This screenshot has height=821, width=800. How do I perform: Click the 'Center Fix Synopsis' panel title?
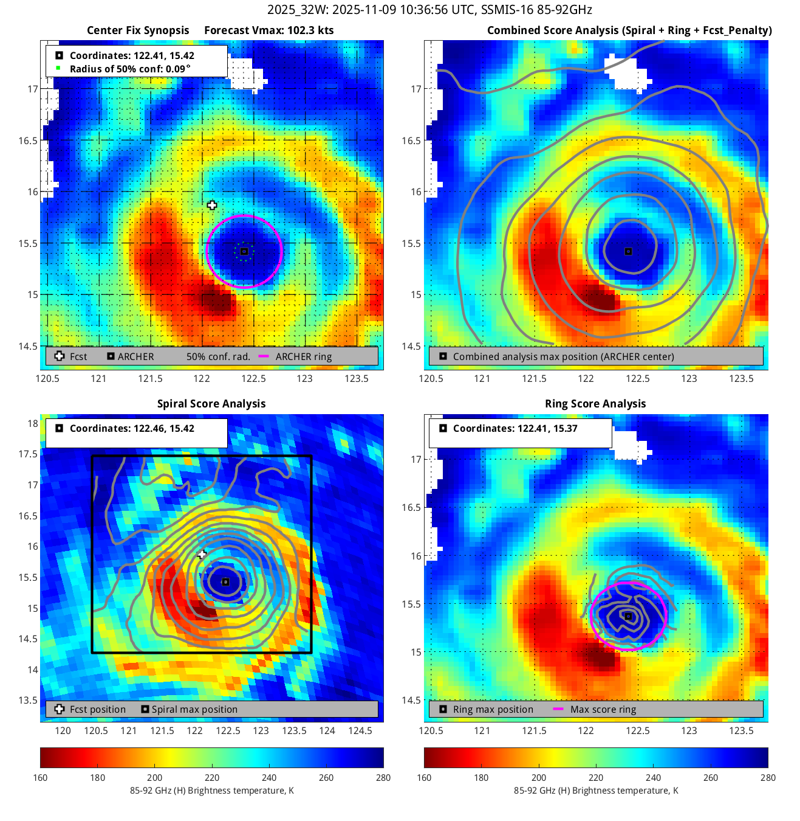(138, 30)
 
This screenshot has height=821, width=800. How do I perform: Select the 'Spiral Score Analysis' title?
(211, 404)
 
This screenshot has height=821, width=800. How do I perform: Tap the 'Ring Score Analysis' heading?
(595, 404)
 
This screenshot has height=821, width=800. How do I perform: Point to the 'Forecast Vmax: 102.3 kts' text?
(268, 30)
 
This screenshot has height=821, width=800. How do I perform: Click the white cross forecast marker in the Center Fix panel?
(212, 206)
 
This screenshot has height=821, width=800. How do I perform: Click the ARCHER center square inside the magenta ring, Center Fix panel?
(244, 251)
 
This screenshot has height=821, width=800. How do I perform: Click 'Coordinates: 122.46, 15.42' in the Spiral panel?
(132, 428)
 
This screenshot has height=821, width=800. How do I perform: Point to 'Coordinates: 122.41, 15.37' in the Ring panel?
(515, 428)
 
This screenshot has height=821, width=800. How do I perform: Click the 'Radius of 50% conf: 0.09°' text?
(130, 69)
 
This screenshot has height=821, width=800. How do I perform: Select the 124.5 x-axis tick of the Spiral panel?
(360, 730)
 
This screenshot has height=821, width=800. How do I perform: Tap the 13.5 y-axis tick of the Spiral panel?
(28, 700)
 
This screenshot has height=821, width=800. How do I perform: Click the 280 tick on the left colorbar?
(383, 777)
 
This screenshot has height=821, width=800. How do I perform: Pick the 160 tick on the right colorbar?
(424, 777)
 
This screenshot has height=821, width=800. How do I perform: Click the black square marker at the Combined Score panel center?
(629, 251)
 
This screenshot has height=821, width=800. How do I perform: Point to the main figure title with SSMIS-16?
(429, 10)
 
